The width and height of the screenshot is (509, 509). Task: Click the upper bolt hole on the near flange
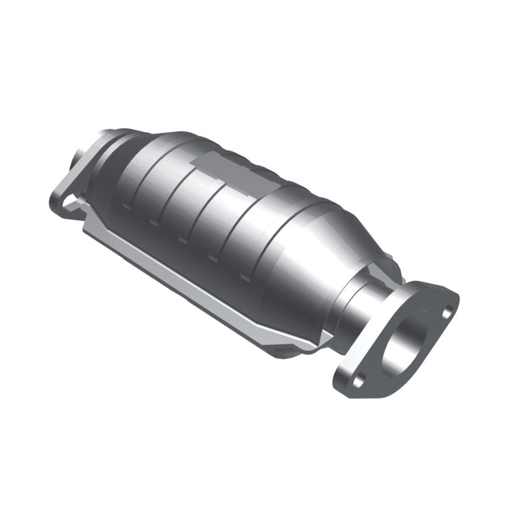(447, 311)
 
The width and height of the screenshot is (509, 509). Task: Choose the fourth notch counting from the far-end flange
(213, 258)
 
